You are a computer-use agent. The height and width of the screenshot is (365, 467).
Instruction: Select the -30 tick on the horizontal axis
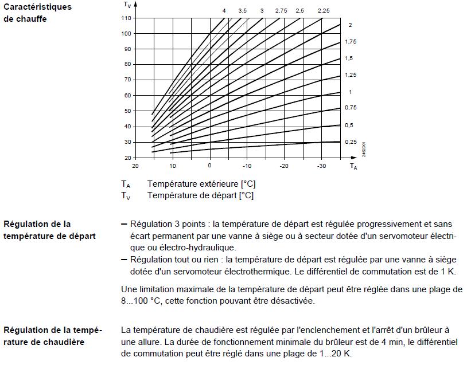click(x=321, y=166)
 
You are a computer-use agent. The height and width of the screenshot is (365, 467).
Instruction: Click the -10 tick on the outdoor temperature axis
click(x=247, y=166)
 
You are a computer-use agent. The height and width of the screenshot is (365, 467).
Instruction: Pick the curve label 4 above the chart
click(x=224, y=11)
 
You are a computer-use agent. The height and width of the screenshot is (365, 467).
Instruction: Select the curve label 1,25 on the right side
click(x=350, y=75)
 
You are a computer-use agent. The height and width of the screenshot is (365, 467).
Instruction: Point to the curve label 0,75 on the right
click(x=350, y=108)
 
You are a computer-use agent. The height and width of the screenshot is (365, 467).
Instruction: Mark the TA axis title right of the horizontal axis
click(x=354, y=166)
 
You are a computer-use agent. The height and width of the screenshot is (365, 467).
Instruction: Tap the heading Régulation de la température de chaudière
click(x=52, y=336)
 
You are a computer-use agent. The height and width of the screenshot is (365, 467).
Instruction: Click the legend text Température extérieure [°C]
click(x=201, y=185)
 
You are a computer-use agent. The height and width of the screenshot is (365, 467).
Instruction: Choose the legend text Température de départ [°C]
click(x=200, y=195)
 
